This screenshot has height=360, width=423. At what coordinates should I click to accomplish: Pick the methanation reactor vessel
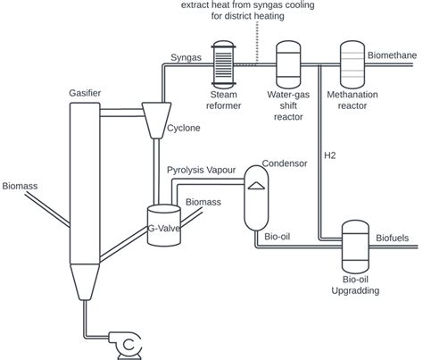coord(353,62)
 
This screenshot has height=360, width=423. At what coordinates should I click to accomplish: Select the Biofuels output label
coord(389,239)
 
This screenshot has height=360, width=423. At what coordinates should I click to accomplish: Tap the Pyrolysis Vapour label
coord(204,170)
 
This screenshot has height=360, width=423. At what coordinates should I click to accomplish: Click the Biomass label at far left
coord(20,187)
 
